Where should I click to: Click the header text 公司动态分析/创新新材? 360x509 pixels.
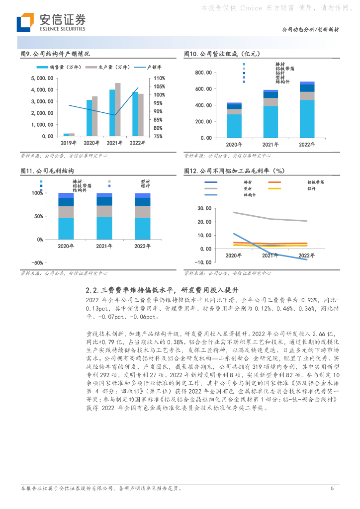[x=310, y=30]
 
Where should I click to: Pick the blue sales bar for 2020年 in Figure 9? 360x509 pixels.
[x=90, y=118]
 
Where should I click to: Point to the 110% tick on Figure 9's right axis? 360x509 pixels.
[x=159, y=78]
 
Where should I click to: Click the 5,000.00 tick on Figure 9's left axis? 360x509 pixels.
[x=42, y=78]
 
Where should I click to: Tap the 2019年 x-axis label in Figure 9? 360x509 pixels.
[x=69, y=143]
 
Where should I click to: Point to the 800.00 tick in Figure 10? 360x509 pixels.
[x=204, y=73]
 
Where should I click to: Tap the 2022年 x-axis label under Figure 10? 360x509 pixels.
[x=307, y=145]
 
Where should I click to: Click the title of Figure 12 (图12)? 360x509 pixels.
[x=234, y=170]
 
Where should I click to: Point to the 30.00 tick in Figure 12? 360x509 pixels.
[x=204, y=208]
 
